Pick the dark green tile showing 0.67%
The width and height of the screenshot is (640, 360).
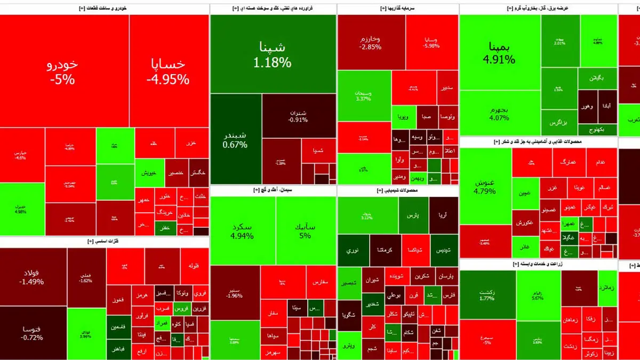(235, 139)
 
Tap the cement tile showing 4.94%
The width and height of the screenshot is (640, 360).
(243, 230)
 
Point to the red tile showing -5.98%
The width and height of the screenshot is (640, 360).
(431, 43)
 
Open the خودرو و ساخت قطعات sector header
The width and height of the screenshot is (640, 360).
(104, 9)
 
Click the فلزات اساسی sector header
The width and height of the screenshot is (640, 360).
(104, 242)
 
